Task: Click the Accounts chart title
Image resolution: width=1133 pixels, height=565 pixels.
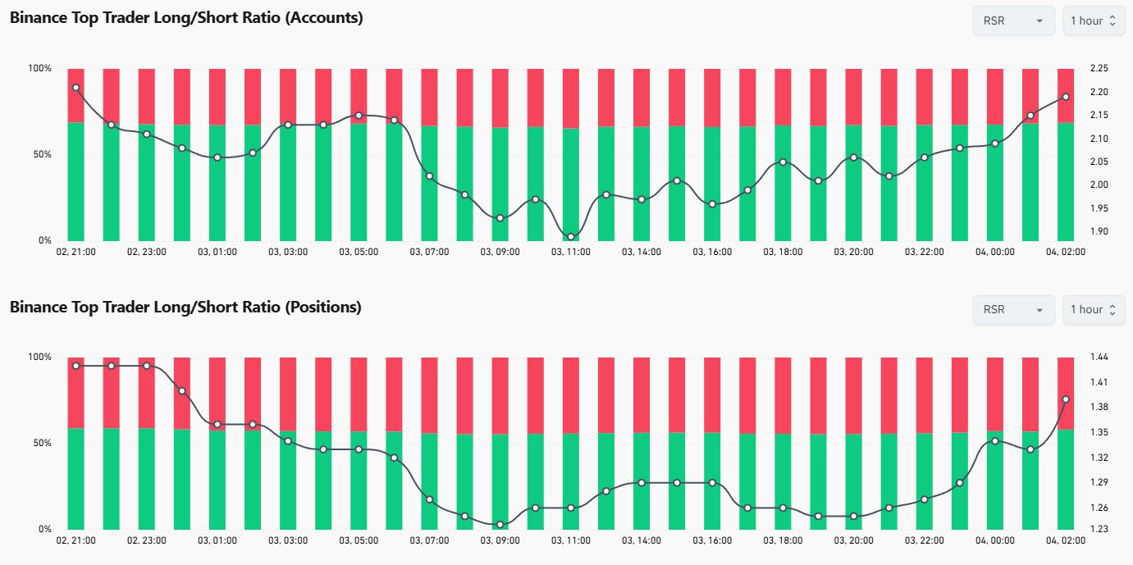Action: pyautogui.click(x=186, y=17)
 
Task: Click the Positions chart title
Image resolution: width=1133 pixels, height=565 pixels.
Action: pyautogui.click(x=185, y=307)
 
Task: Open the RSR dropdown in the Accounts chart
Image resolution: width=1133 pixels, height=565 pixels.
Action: pyautogui.click(x=1013, y=21)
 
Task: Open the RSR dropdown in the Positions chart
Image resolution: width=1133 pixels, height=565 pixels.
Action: pyautogui.click(x=1013, y=310)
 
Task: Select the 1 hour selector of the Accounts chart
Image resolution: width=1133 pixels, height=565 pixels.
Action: pyautogui.click(x=1094, y=21)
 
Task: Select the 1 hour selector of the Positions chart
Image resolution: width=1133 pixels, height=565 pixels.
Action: pyautogui.click(x=1094, y=310)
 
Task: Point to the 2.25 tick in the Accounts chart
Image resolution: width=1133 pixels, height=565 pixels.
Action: pyautogui.click(x=1099, y=69)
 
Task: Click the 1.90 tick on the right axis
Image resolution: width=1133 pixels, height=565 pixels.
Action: pyautogui.click(x=1099, y=231)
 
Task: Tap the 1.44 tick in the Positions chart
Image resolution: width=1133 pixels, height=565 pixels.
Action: pyautogui.click(x=1099, y=358)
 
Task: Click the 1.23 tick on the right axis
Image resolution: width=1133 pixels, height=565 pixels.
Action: pyautogui.click(x=1099, y=530)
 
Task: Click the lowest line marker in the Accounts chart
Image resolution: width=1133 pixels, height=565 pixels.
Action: pyautogui.click(x=570, y=237)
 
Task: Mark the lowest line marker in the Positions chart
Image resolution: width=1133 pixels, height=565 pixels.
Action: pyautogui.click(x=500, y=525)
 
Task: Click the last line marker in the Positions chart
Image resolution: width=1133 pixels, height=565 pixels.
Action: pyautogui.click(x=1066, y=399)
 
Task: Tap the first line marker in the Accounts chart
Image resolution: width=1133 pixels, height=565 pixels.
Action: pyautogui.click(x=75, y=88)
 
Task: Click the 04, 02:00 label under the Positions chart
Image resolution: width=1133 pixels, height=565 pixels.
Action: pyautogui.click(x=1066, y=541)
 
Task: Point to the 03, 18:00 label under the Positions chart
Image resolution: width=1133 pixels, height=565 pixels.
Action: pyautogui.click(x=783, y=541)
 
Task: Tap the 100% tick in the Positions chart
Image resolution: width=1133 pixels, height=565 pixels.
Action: pyautogui.click(x=39, y=358)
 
